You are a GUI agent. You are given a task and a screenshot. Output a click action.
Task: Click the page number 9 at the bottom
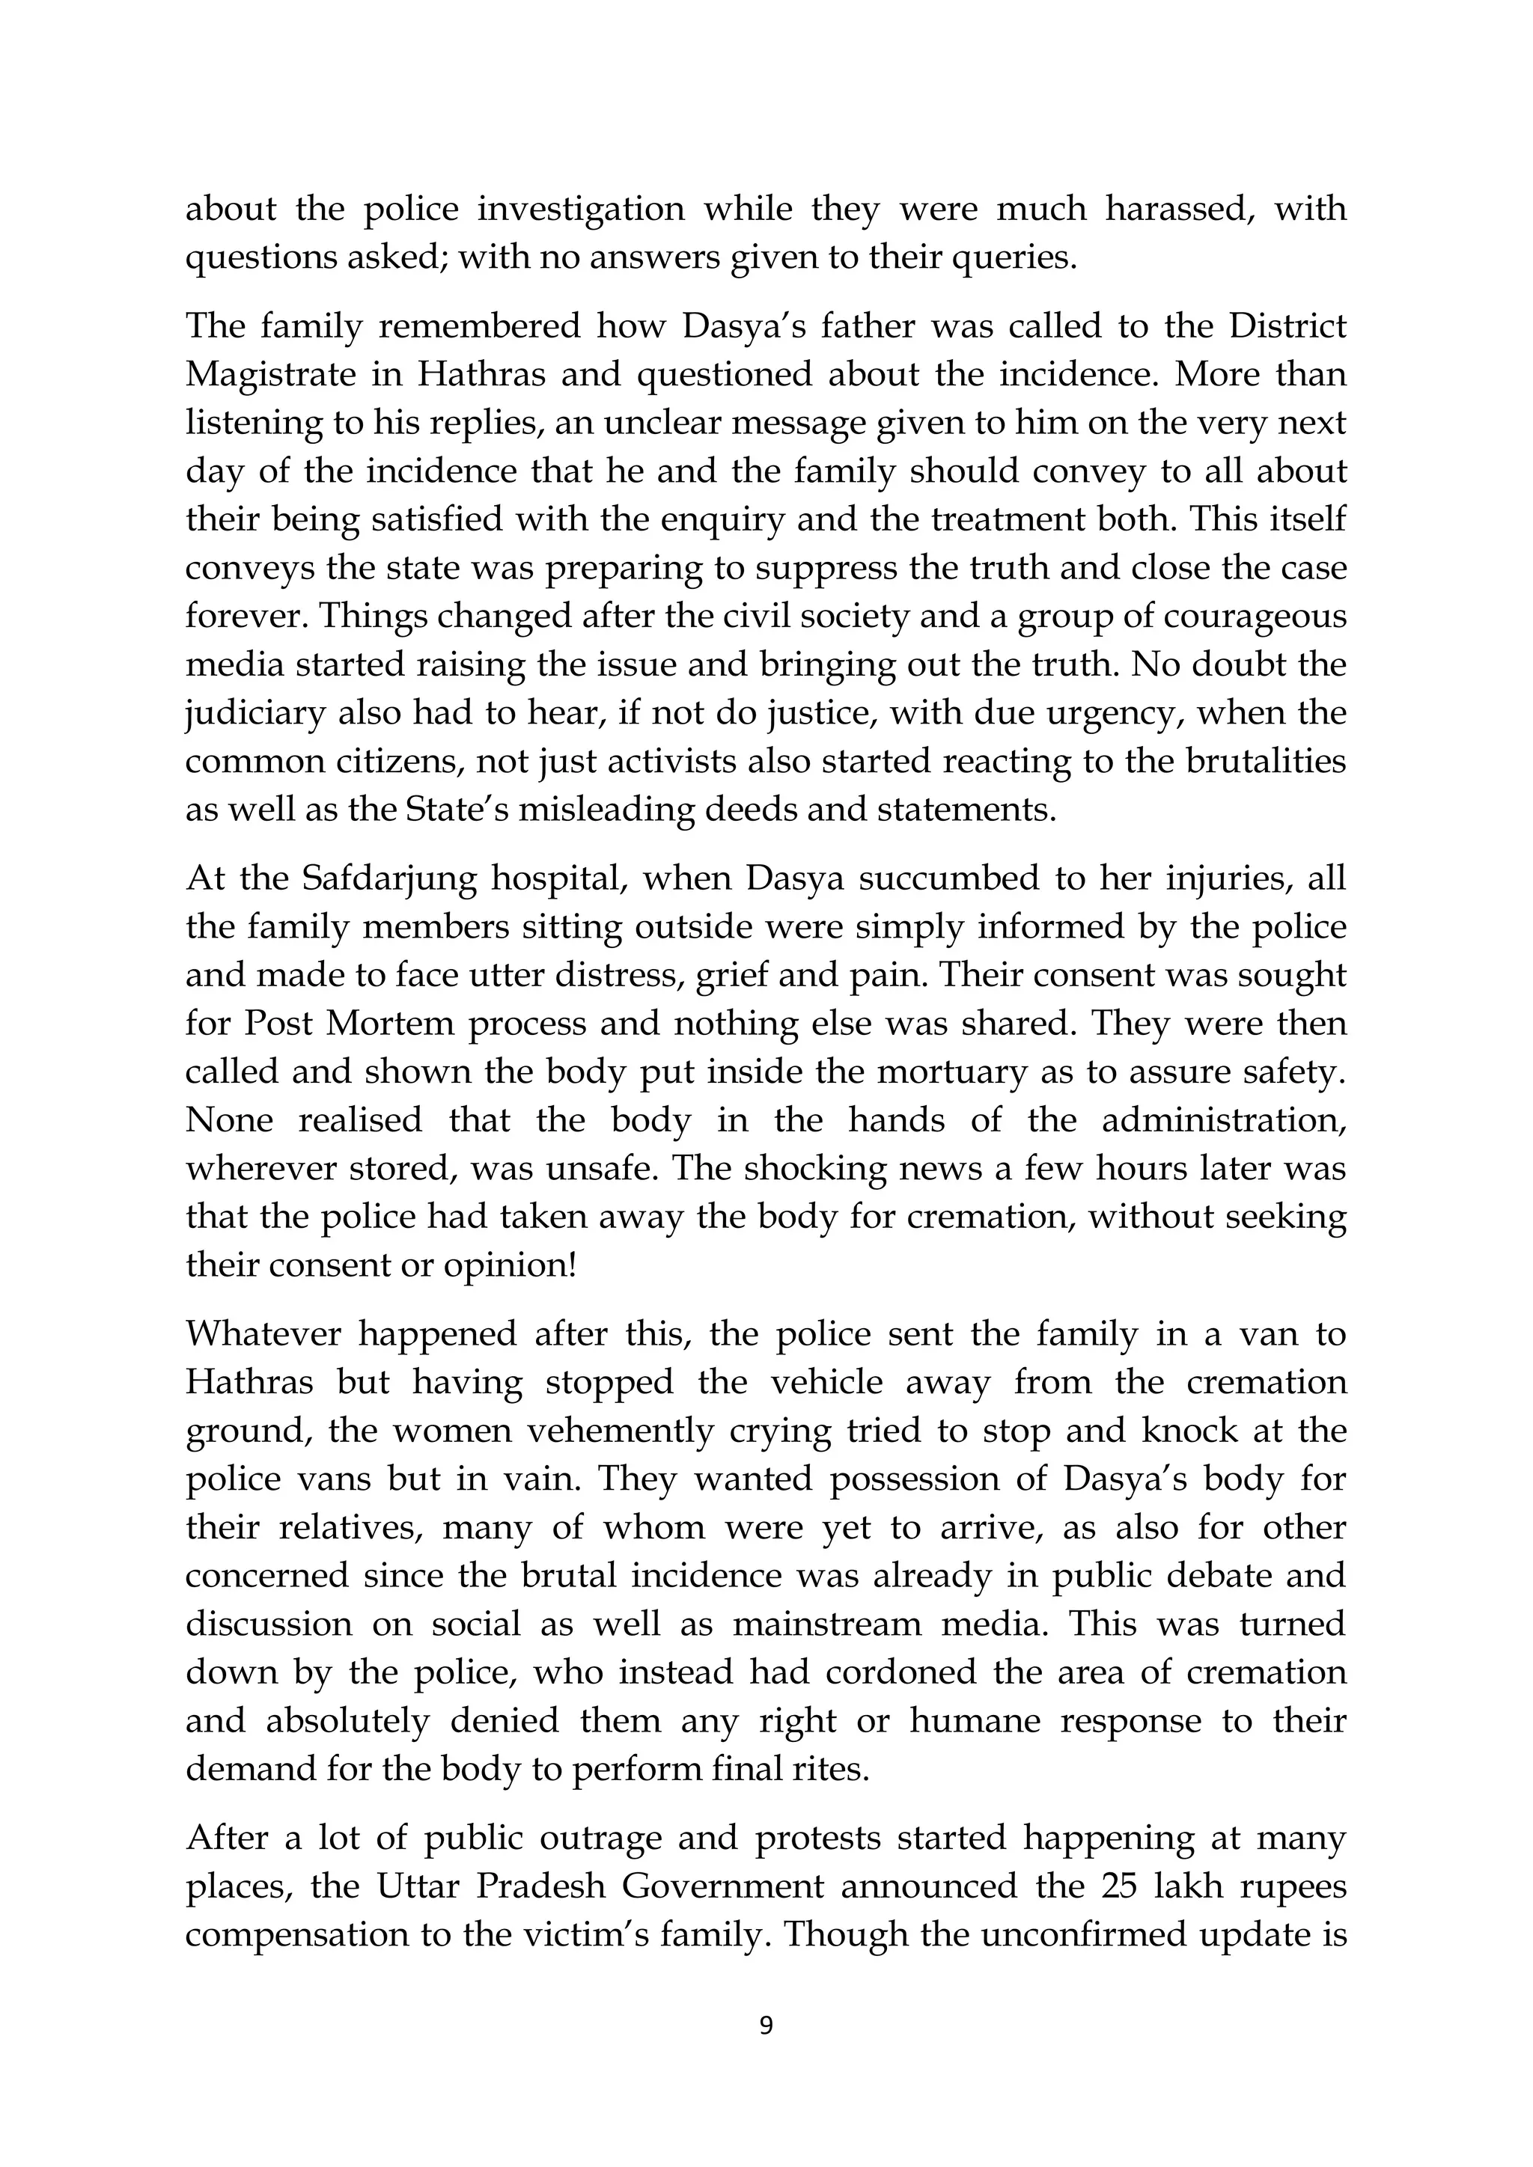coord(766,2026)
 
